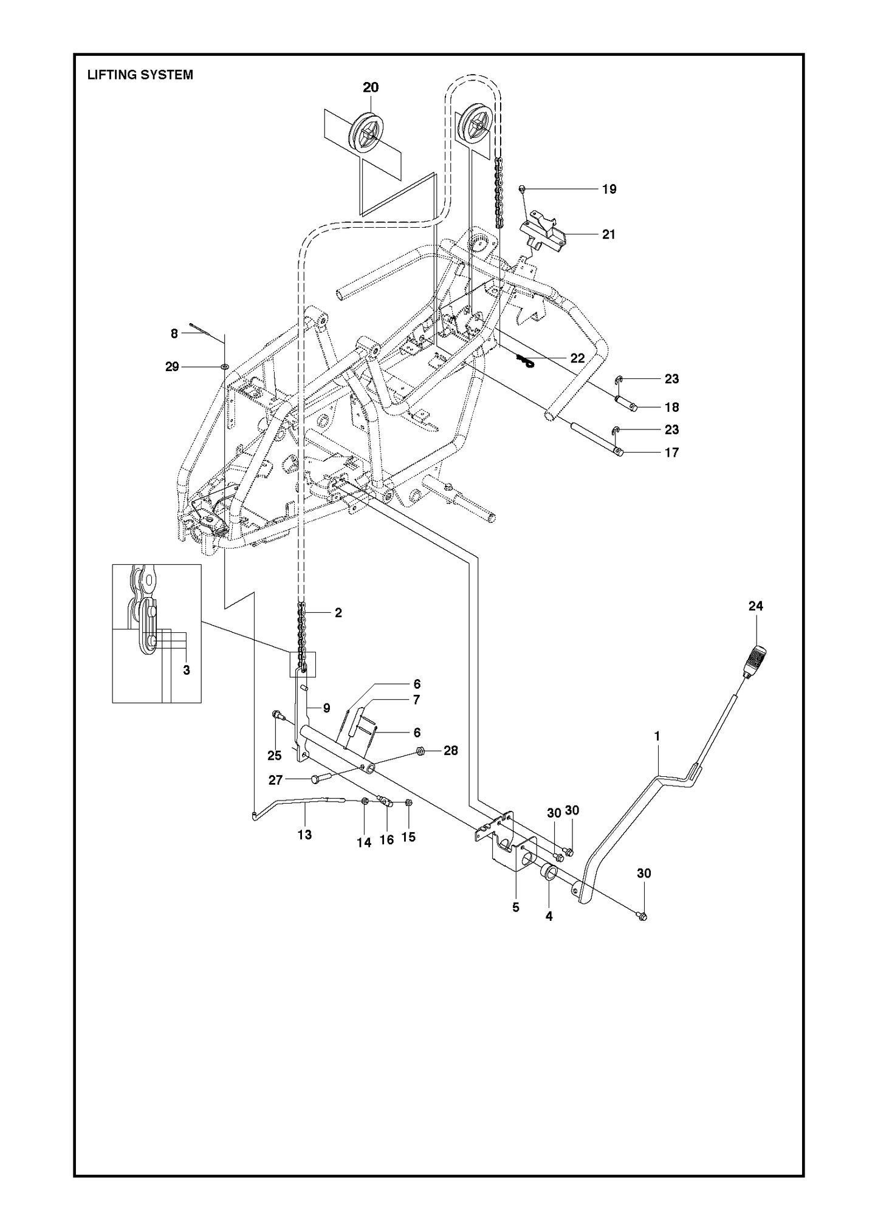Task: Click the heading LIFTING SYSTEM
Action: coord(140,75)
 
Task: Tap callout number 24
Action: coord(756,606)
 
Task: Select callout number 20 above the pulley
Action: coord(371,87)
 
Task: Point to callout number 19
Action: coord(609,189)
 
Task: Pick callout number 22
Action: coord(577,358)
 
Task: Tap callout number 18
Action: coord(671,407)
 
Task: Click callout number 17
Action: coord(671,453)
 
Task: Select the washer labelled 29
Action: coord(224,367)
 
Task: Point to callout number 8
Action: coord(174,333)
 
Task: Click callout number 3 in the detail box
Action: coord(187,670)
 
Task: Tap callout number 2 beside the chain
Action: coord(338,613)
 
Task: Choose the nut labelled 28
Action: coord(420,751)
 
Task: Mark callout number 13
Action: coord(304,835)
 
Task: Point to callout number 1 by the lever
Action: coord(657,736)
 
